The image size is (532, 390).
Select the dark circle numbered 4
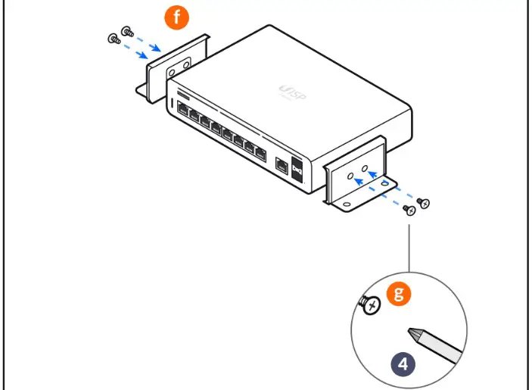(403, 363)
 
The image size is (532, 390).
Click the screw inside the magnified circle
(369, 306)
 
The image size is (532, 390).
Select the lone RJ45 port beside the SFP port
(282, 164)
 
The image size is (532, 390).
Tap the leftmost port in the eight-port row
(183, 112)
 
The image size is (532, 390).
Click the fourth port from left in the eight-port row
(216, 130)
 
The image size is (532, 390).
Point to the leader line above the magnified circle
(409, 242)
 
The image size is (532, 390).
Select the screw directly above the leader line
(409, 210)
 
